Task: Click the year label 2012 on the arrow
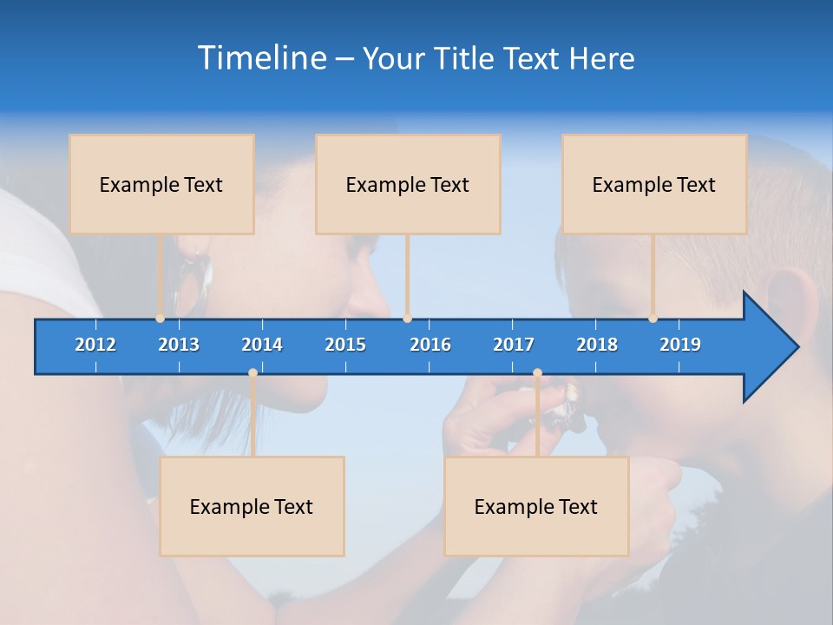[95, 345]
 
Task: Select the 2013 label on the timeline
[179, 345]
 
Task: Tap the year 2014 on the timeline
[262, 345]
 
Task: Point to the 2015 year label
[345, 345]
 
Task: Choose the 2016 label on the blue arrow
[430, 345]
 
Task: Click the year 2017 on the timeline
[514, 345]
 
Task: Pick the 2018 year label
[597, 345]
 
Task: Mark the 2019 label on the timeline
[680, 345]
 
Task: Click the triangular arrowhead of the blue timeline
[768, 347]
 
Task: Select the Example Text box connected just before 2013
[161, 184]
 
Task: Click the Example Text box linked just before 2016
[408, 184]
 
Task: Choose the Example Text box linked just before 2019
[654, 184]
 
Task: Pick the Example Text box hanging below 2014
[252, 506]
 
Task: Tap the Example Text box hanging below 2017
[536, 506]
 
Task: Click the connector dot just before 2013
[160, 319]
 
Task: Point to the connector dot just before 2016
[407, 319]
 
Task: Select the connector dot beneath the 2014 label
[253, 373]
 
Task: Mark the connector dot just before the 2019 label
[653, 319]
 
